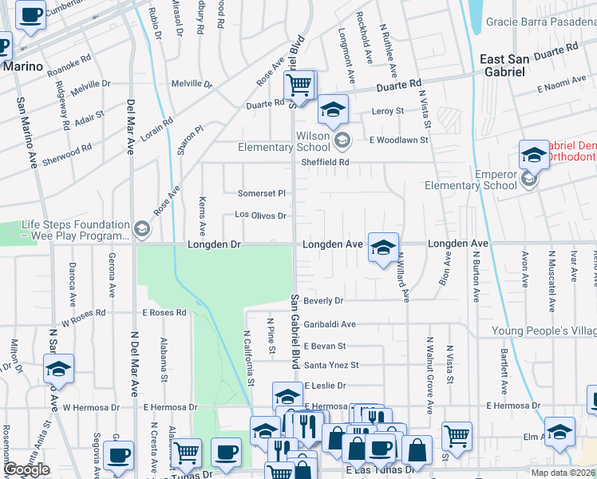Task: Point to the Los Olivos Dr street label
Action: pyautogui.click(x=260, y=215)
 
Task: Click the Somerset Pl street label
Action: pyautogui.click(x=262, y=193)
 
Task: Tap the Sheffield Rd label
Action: pyautogui.click(x=326, y=162)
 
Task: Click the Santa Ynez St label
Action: pyautogui.click(x=331, y=366)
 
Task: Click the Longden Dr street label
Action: pyautogui.click(x=214, y=243)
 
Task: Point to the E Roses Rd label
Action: pyautogui.click(x=164, y=313)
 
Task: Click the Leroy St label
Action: pyautogui.click(x=388, y=111)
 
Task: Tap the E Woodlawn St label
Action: pyautogui.click(x=398, y=140)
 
